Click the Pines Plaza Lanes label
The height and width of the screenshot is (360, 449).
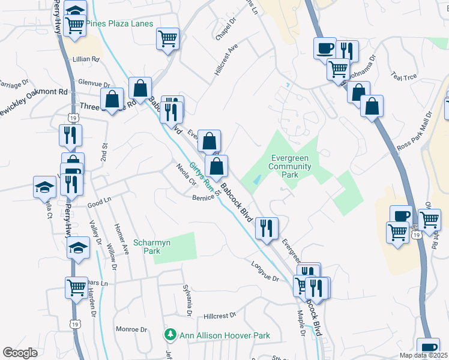(119, 24)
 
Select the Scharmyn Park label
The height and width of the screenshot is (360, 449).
(147, 247)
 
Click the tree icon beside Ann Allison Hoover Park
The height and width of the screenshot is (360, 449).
(170, 334)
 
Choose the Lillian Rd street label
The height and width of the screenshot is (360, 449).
(86, 59)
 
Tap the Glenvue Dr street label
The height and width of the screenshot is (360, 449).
(94, 85)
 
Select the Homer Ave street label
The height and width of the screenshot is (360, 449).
(121, 241)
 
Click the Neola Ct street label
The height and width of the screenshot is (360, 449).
(186, 175)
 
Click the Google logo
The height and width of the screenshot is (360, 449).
(20, 353)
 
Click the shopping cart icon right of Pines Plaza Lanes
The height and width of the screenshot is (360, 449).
(168, 39)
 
